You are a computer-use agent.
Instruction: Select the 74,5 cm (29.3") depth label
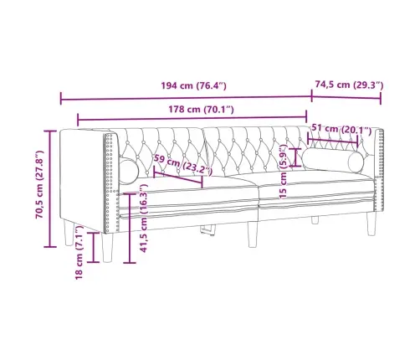pyautogui.click(x=348, y=85)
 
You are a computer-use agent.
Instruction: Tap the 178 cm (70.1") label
pyautogui.click(x=192, y=108)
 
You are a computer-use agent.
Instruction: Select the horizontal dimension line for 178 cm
pyautogui.click(x=192, y=119)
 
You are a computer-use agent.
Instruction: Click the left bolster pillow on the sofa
pyautogui.click(x=130, y=172)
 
